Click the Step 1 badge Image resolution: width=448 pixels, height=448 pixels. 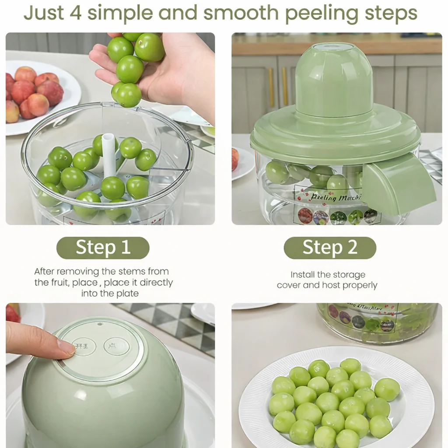103,248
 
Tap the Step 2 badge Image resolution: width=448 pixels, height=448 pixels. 330,248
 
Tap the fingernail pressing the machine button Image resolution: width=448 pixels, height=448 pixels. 66,347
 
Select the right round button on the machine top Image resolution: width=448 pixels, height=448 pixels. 116,346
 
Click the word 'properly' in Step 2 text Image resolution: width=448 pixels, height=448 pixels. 360,286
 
